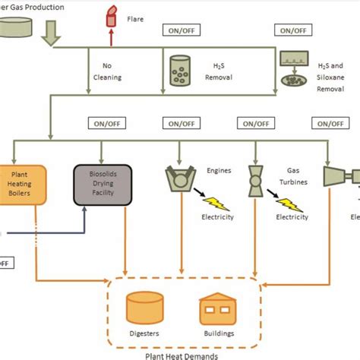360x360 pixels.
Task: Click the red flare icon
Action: [x=111, y=16]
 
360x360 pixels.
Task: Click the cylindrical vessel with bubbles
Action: [x=182, y=69]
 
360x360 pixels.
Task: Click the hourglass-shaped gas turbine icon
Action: [x=255, y=180]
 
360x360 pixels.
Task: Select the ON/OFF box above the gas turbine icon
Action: [x=254, y=123]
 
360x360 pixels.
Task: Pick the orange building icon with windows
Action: [x=218, y=311]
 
